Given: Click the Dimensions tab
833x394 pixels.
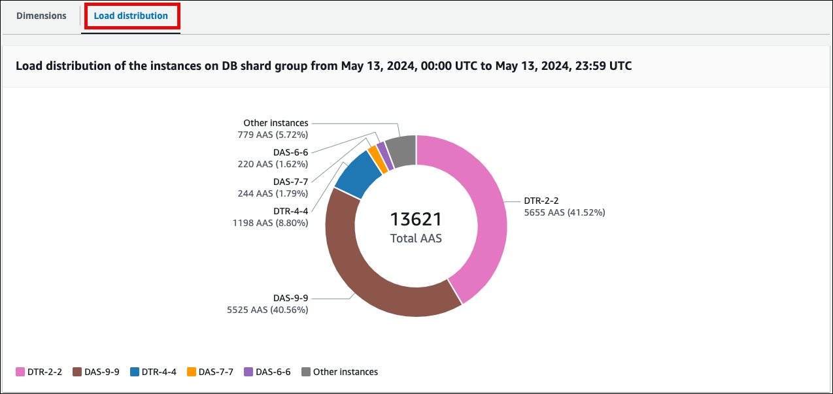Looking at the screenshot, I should pyautogui.click(x=41, y=16).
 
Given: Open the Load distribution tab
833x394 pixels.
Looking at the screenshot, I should pyautogui.click(x=131, y=16).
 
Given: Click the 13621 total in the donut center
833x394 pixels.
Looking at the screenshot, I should pyautogui.click(x=416, y=219).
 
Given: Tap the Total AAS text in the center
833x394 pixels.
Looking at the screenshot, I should pyautogui.click(x=416, y=238).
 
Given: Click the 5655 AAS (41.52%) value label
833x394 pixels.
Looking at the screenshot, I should pyautogui.click(x=564, y=212).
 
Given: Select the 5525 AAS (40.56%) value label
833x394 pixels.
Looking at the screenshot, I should pyautogui.click(x=267, y=310).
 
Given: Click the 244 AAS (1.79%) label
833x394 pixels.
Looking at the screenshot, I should pyautogui.click(x=273, y=193).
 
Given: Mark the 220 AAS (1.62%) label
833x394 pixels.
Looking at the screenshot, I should pyautogui.click(x=273, y=164).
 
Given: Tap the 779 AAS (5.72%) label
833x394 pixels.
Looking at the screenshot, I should pyautogui.click(x=273, y=135).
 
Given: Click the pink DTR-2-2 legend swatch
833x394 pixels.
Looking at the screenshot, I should pyautogui.click(x=20, y=372).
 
